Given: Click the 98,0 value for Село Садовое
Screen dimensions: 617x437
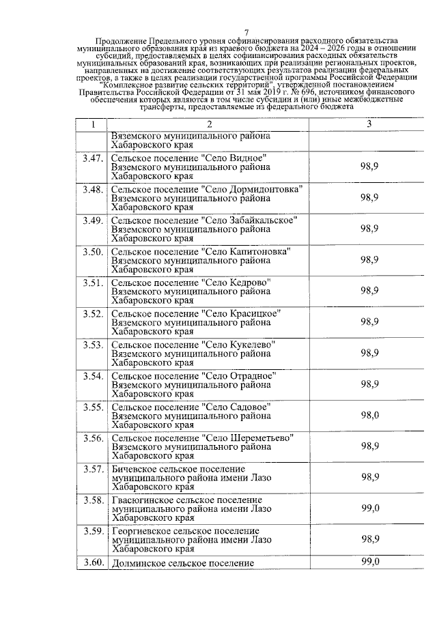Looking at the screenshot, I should point(370,415).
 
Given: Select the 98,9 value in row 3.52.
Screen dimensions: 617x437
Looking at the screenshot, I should point(370,321).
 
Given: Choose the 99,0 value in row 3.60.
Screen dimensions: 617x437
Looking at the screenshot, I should point(370,562).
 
